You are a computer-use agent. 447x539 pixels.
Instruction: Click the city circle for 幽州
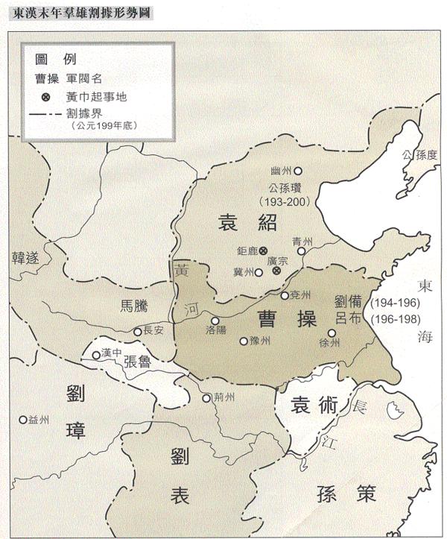pos(299,170)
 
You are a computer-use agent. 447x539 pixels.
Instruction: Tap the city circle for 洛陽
pos(215,321)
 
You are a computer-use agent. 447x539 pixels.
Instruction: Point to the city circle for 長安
pos(138,331)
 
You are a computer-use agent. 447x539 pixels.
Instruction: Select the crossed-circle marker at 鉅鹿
pos(263,251)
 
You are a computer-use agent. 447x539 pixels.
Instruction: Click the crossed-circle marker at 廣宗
pos(276,273)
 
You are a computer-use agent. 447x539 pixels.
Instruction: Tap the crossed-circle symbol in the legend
pos(45,97)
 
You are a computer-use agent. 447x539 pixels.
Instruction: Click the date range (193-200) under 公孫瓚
pos(287,201)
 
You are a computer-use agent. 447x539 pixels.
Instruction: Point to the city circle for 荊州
pos(206,398)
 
